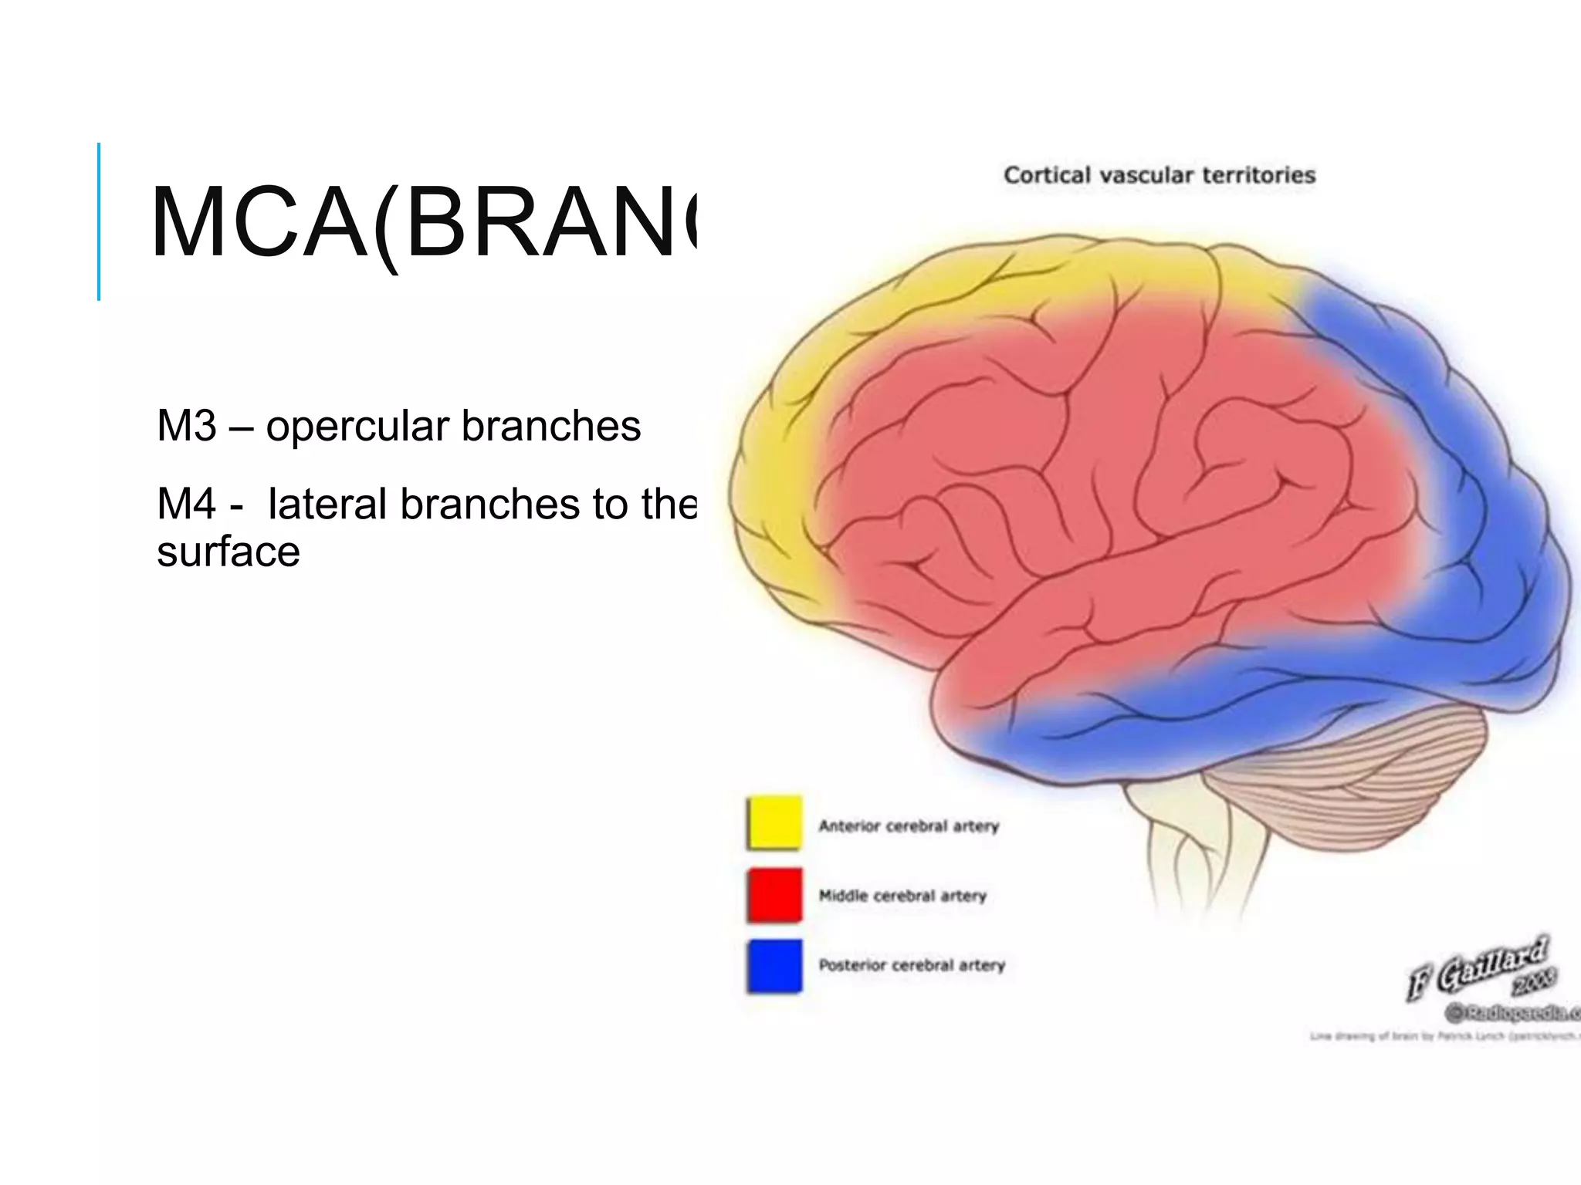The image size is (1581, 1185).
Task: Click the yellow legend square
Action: point(774,823)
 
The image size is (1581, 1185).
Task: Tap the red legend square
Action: point(774,895)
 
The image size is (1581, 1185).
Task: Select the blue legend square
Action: point(774,965)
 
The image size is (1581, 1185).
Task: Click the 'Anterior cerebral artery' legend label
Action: point(909,826)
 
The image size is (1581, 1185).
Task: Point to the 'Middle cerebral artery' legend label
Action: point(902,896)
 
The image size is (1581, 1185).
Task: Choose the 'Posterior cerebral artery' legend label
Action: point(912,965)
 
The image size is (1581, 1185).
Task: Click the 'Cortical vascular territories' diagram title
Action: point(1160,175)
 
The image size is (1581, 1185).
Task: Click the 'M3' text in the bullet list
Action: point(186,426)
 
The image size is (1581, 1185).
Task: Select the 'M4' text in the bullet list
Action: point(186,505)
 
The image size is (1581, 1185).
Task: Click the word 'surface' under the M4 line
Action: point(229,552)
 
